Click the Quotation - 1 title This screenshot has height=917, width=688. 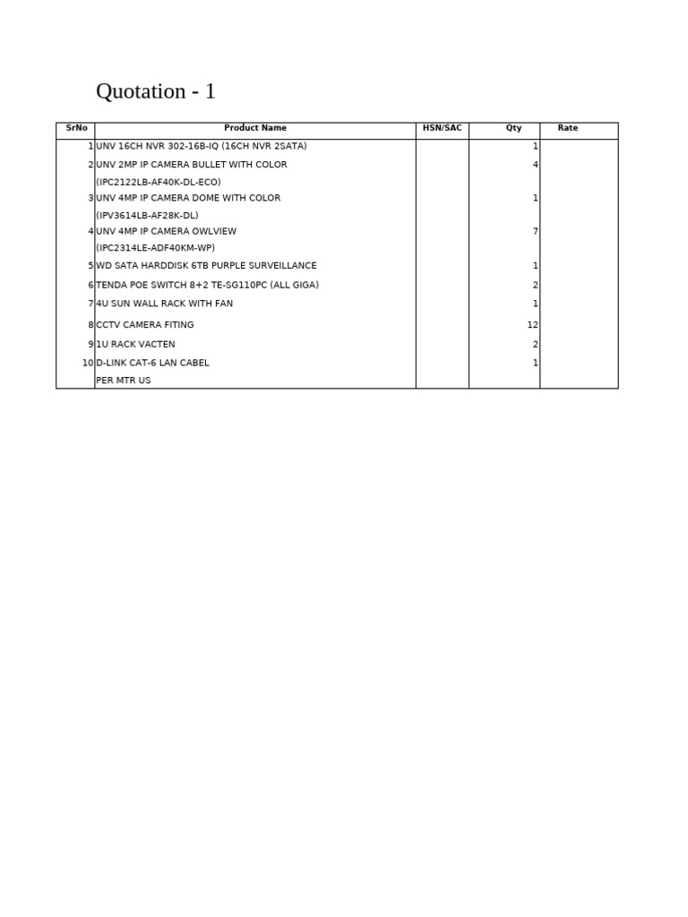click(x=155, y=91)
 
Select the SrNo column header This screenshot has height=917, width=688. click(x=76, y=128)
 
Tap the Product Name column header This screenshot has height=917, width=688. click(x=255, y=128)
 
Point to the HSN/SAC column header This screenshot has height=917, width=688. click(x=443, y=128)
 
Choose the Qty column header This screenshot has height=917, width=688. click(x=513, y=128)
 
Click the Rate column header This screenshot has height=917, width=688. click(x=568, y=128)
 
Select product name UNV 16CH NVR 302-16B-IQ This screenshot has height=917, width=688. click(x=202, y=146)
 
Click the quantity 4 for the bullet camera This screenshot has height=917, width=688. click(x=536, y=165)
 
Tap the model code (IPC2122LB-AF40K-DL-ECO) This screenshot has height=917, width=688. click(x=159, y=182)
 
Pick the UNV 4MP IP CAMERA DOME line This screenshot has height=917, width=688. click(x=188, y=198)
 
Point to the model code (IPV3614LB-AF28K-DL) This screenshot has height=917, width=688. click(x=147, y=215)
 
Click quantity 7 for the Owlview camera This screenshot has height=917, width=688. click(x=536, y=231)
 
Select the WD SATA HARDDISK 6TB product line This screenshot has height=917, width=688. click(x=206, y=266)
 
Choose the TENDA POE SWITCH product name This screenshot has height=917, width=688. click(x=207, y=285)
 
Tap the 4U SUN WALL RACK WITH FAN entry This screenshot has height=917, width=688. click(x=164, y=304)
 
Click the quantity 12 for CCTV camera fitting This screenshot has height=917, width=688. click(x=533, y=325)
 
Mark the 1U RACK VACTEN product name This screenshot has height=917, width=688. click(x=135, y=344)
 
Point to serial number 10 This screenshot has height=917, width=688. click(x=87, y=363)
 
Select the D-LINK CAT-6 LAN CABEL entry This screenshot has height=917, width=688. click(x=152, y=363)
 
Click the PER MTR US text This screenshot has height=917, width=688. click(x=124, y=381)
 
